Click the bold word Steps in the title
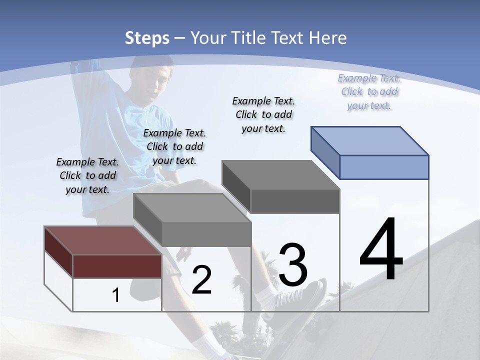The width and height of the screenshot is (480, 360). (x=147, y=38)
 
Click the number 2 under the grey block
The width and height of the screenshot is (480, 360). (x=201, y=280)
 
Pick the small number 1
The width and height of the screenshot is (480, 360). (x=116, y=295)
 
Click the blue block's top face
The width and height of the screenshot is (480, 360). (x=370, y=140)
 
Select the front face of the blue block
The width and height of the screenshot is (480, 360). (x=384, y=167)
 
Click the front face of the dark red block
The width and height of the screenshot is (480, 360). (x=117, y=266)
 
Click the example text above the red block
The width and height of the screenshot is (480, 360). (x=87, y=175)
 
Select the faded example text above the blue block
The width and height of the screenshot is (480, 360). (x=369, y=91)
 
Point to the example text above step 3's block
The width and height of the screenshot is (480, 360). (x=263, y=114)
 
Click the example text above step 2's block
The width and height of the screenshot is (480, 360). (x=174, y=146)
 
